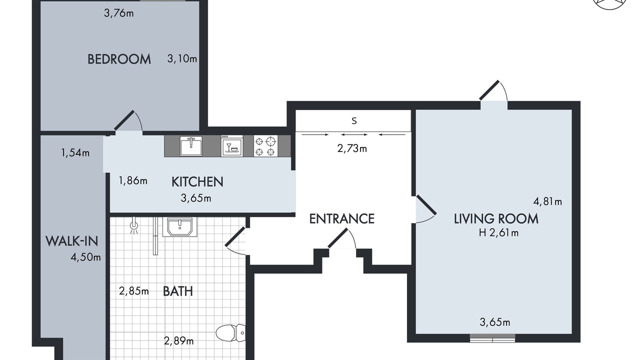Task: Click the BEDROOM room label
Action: pos(119,59)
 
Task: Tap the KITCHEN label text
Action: pos(197,182)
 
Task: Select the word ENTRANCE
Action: pos(341,219)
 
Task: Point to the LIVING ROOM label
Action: pos(496,219)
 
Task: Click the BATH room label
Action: pos(177,291)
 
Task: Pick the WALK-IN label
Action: pos(71,241)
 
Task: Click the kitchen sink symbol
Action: pos(191,146)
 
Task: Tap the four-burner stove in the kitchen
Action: pos(265,146)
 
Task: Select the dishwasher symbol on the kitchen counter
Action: pos(232,146)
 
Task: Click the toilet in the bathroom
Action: pos(230,333)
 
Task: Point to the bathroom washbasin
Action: pos(179,227)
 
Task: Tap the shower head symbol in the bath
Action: pos(133,225)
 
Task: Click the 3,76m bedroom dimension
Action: pos(118,13)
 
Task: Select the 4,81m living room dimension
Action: pos(547,201)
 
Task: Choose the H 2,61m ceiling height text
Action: pos(498,233)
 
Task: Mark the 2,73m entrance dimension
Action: pos(352,148)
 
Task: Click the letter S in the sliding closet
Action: pos(354,121)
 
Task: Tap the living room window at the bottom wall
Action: pos(492,338)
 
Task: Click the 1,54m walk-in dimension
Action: pos(75,153)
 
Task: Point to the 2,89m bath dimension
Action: pos(179,341)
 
